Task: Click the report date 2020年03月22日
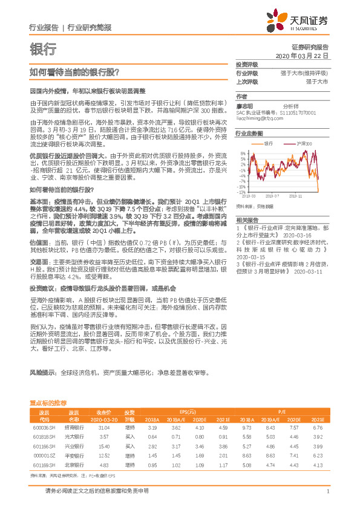[302, 55]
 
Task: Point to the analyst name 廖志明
[244, 105]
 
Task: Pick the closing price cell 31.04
[103, 427]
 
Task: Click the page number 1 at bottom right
[327, 491]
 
